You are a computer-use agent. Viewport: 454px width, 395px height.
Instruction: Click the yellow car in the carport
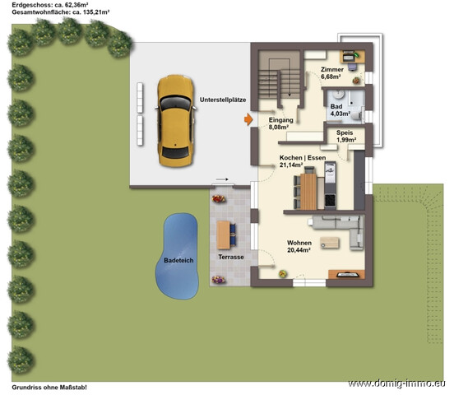[175, 121]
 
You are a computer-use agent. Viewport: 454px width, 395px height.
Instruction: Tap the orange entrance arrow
[248, 119]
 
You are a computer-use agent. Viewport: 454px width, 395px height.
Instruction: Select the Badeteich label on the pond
[178, 260]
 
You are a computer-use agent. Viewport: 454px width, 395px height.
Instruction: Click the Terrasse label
[231, 257]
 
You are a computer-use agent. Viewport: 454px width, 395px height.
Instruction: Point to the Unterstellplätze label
[223, 100]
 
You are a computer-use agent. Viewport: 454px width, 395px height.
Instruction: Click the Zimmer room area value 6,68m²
[331, 77]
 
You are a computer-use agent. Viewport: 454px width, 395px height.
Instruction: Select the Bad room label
[336, 106]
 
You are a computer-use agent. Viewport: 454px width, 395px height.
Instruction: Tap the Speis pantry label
[345, 132]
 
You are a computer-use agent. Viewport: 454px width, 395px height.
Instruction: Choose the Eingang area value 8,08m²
[278, 127]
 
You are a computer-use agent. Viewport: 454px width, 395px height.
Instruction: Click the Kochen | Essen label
[303, 158]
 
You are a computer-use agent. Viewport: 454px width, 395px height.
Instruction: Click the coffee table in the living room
[330, 243]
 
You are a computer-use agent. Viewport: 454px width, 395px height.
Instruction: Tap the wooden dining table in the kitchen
[308, 191]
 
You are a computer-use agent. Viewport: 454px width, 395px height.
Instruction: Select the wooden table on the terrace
[223, 235]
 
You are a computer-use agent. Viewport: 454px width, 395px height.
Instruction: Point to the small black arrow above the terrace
[222, 179]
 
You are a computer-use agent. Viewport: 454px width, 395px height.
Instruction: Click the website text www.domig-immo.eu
[396, 383]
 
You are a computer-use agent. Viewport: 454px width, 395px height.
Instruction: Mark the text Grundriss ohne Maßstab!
[49, 387]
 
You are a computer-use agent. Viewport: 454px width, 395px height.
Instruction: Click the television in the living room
[346, 274]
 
